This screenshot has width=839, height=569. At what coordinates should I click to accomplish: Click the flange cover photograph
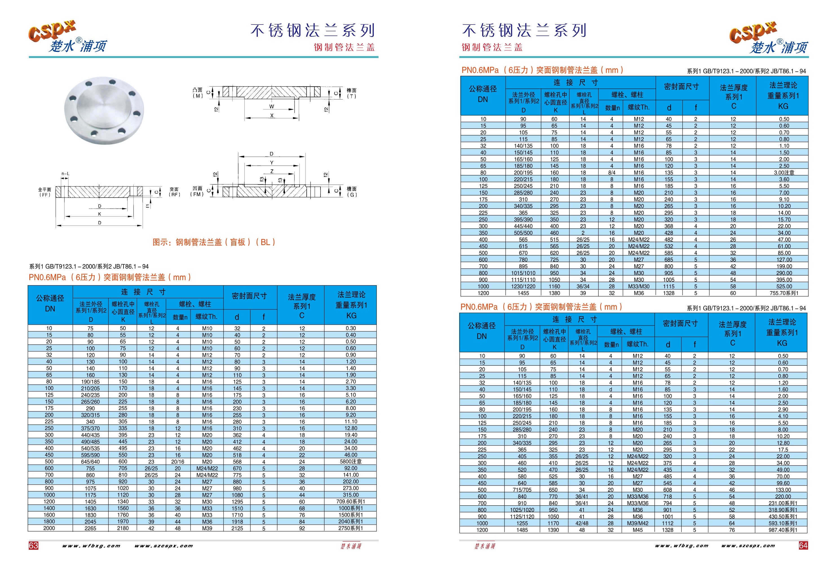coord(104,110)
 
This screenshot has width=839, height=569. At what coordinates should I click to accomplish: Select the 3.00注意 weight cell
coord(784,172)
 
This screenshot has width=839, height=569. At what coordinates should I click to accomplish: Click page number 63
coord(33,546)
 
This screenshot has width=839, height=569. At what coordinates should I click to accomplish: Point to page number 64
coord(803,546)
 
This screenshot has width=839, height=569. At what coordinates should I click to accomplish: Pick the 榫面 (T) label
coord(351,93)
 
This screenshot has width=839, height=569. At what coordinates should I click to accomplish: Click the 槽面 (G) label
coord(352,192)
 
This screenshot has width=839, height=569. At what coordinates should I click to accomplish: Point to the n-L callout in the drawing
coord(65,174)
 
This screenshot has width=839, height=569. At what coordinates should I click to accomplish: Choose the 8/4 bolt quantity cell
coord(612,172)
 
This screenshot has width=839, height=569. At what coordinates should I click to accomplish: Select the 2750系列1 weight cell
coord(351,528)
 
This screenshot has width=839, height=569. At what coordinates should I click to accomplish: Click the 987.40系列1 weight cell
coord(783,530)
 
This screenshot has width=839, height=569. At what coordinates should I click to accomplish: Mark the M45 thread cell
coord(637,530)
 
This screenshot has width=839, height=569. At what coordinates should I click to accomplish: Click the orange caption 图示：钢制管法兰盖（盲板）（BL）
coord(214,242)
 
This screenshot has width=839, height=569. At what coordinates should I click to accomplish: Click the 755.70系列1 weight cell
coord(784,293)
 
